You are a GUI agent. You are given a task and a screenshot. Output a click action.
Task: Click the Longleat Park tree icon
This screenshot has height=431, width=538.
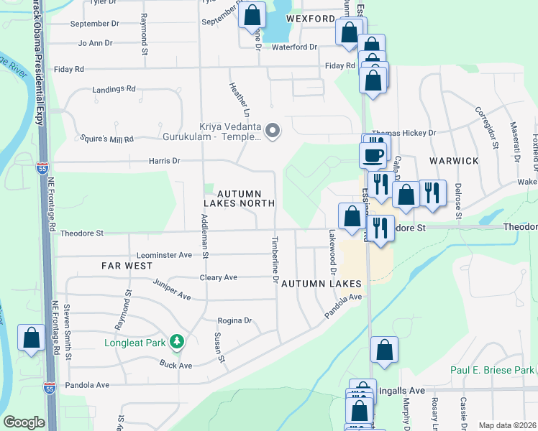(x=176, y=341)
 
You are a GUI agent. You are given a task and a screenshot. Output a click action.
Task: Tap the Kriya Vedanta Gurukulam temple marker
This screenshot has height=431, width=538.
(x=273, y=130)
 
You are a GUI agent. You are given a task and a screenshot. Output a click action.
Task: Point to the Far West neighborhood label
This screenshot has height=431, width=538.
(x=127, y=266)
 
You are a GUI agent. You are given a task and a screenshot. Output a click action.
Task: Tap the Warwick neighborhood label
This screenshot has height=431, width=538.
(x=455, y=161)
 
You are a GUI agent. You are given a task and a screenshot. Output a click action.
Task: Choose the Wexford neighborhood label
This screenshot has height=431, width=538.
(x=310, y=18)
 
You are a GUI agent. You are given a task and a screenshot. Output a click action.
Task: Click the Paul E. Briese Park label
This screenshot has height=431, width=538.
(x=492, y=371)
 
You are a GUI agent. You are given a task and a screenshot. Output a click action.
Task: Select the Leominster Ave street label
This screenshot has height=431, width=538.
(x=165, y=255)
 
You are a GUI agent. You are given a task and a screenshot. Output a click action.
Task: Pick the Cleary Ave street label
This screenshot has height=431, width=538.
(x=219, y=277)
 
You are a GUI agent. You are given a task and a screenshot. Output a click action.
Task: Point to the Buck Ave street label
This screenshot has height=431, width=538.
(x=175, y=365)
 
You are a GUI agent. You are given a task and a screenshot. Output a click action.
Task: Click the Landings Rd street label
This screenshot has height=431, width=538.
(x=114, y=89)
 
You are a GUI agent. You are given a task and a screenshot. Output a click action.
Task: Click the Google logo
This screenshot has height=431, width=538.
(x=24, y=422)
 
